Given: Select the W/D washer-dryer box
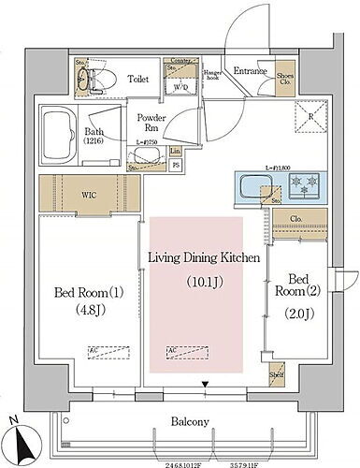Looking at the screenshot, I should tap(180, 87).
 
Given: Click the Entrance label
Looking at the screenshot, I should tap(250, 71).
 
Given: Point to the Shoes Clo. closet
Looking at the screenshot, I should tap(286, 78).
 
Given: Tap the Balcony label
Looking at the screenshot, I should tap(183, 421).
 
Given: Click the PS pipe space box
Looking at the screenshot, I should tap(175, 168).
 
